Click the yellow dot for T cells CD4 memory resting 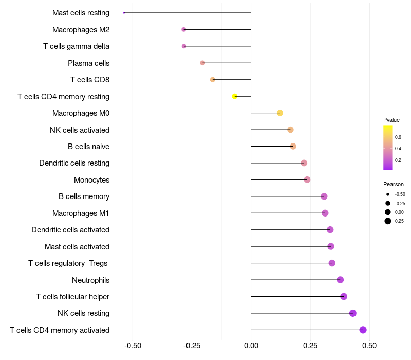(x=235, y=96)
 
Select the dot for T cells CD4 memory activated (x=363, y=330)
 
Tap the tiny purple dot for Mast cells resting (x=124, y=13)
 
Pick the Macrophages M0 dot (x=280, y=113)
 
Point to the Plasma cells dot (x=202, y=63)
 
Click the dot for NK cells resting (x=353, y=313)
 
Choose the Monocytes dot (x=307, y=179)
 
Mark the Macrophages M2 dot (x=184, y=30)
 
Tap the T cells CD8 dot (x=213, y=80)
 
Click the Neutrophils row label (x=91, y=280)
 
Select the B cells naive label (x=88, y=147)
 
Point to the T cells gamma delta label (x=76, y=46)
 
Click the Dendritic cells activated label (x=70, y=230)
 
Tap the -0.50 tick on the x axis (x=133, y=346)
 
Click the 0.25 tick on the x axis (x=310, y=346)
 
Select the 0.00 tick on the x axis (x=251, y=346)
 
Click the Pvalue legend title (x=391, y=120)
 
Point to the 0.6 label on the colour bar (x=398, y=137)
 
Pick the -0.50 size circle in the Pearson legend (x=388, y=194)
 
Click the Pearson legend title (x=394, y=184)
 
